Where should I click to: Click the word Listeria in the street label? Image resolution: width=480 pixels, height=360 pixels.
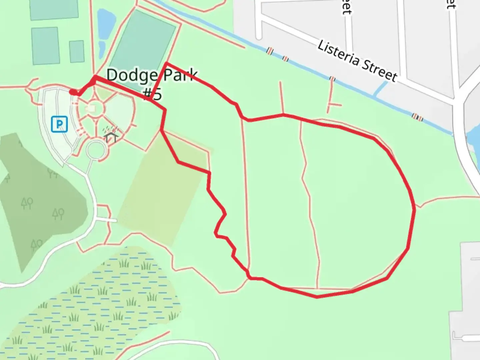click(338, 56)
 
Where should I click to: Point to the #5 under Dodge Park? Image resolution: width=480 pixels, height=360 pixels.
click(153, 94)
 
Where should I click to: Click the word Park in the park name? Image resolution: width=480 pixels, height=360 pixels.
click(179, 76)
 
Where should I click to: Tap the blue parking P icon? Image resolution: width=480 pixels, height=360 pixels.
click(59, 124)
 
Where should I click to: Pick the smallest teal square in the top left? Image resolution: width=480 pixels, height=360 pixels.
click(77, 51)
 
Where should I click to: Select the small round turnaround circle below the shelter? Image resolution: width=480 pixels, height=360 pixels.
click(97, 150)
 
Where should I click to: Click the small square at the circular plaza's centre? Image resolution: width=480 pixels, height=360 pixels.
click(91, 108)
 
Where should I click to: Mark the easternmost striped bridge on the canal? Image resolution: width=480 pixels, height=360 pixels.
click(417, 117)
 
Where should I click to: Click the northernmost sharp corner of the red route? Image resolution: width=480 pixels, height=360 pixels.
click(166, 63)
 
